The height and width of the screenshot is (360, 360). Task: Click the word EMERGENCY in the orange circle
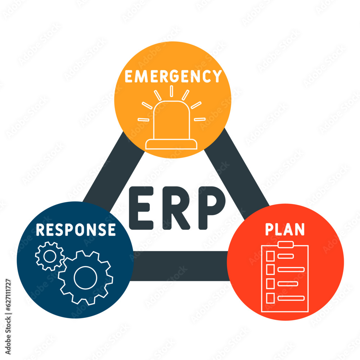point(173,76)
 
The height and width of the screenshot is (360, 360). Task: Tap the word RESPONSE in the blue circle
point(76,229)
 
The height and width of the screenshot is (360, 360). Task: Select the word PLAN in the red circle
point(285,229)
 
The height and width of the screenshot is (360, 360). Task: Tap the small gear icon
point(50,256)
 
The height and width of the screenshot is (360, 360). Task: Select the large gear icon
point(86,277)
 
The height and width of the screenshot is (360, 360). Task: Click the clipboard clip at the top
point(285,245)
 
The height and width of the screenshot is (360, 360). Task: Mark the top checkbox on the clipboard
point(270,256)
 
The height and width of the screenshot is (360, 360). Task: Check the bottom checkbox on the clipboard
point(270,298)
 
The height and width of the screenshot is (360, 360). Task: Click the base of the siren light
point(171,144)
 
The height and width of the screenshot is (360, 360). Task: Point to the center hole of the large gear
point(86,277)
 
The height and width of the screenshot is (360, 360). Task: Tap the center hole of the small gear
point(50,256)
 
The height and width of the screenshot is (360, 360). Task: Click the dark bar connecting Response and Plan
point(180,266)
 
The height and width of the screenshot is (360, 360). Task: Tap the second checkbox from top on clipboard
point(270,269)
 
